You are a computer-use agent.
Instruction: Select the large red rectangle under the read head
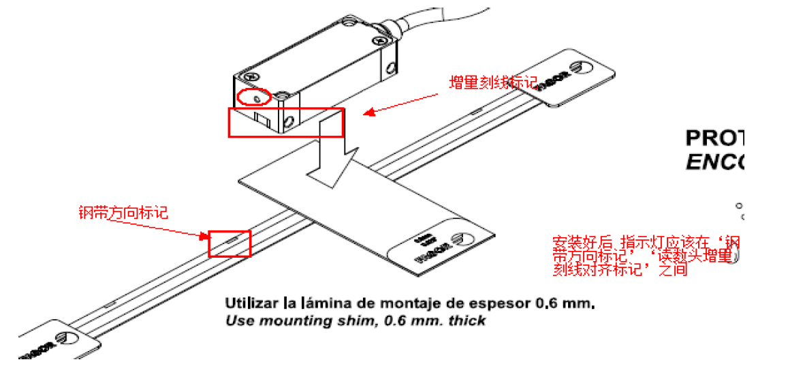coord(285,122)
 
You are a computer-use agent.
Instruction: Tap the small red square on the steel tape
coord(230,243)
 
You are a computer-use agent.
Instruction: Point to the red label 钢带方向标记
coord(123,213)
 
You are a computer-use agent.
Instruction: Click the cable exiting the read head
coord(443,17)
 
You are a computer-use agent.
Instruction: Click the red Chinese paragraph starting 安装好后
coord(644,256)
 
